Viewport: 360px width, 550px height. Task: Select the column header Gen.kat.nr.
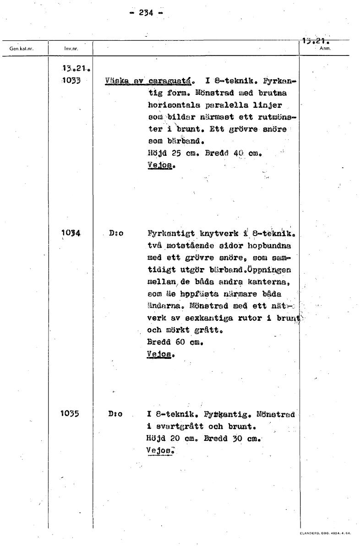click(22, 47)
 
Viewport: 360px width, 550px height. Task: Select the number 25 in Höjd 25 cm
click(170, 152)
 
